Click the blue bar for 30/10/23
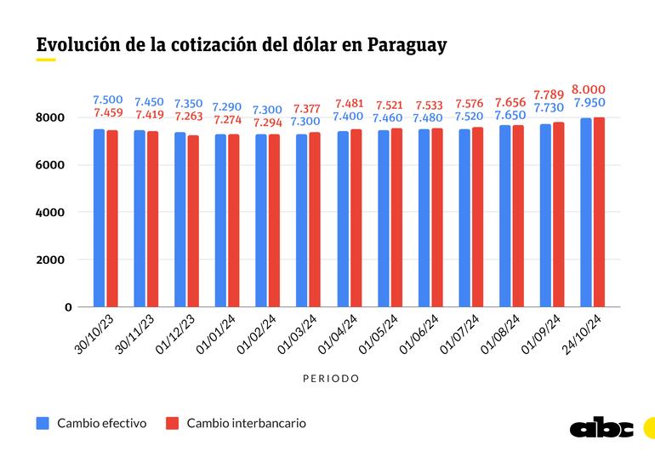[99, 218]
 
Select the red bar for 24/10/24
[600, 212]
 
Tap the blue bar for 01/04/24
[343, 219]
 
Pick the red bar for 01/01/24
[234, 220]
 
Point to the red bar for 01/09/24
[559, 214]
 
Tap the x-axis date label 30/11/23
[138, 334]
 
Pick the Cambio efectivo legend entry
[93, 423]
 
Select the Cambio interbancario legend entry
[236, 423]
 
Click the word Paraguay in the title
[407, 45]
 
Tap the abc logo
[601, 429]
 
